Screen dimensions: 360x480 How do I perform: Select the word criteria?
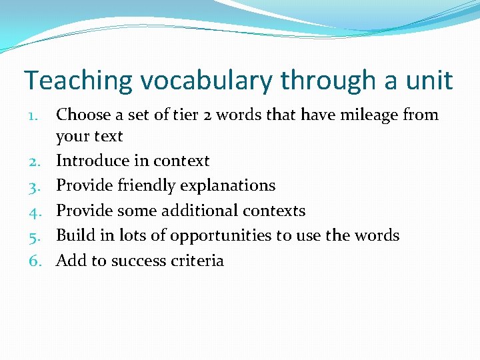tap(196, 261)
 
